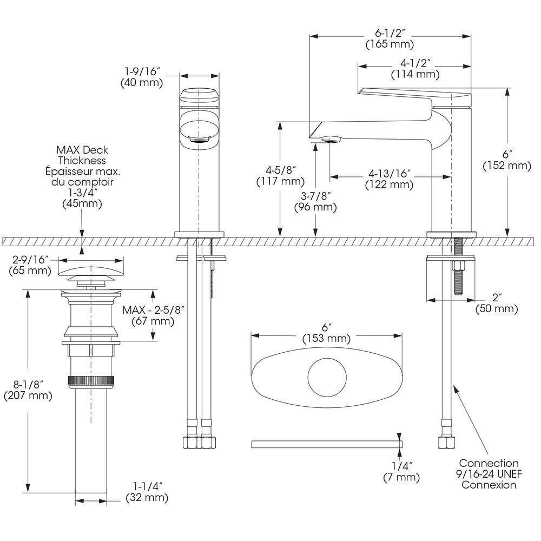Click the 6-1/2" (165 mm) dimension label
click(390, 38)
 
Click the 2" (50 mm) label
click(497, 302)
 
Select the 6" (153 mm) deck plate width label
click(326, 332)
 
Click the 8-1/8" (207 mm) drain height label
click(28, 389)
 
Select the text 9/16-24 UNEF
click(489, 474)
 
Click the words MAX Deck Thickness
click(82, 155)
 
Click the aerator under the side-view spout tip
click(330, 140)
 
